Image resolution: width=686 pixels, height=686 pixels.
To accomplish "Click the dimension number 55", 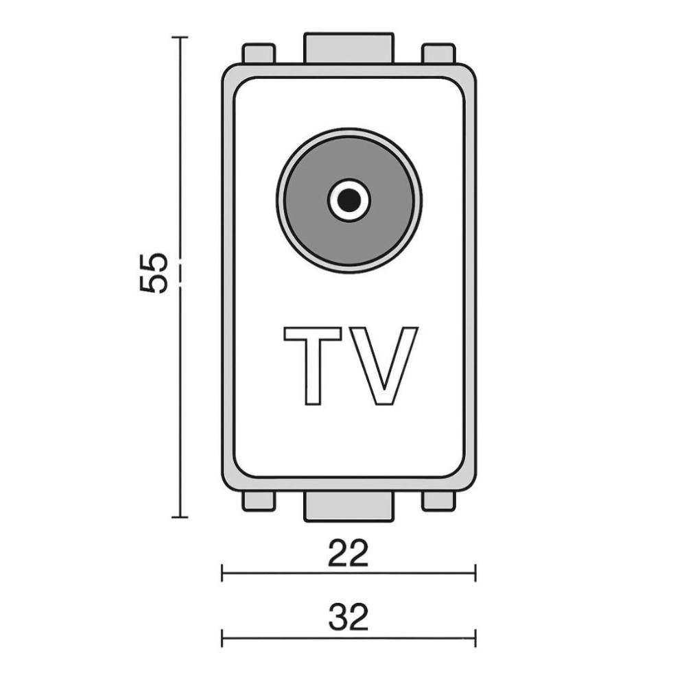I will point(154,273).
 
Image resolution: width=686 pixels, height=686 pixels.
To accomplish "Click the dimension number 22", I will point(348,554).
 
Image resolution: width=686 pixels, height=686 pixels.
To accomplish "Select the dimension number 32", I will point(348,617).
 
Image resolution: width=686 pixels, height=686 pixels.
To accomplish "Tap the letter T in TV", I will point(313,364).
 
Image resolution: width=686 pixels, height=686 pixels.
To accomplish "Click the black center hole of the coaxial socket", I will point(348,200).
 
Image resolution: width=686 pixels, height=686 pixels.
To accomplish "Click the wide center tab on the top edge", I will point(348,48).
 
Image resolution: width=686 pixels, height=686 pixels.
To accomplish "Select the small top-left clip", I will point(259,54).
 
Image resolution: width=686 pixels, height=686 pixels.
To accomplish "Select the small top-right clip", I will point(438,54).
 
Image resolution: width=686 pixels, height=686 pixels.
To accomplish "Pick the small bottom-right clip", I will point(438,500).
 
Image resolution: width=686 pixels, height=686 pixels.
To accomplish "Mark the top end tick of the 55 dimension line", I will point(180,38).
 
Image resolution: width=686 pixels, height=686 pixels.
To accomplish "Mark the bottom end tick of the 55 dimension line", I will point(180,517).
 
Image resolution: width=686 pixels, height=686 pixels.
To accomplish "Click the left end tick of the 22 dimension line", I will point(222,573).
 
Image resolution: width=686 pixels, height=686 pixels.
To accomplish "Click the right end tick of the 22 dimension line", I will point(475,573).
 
